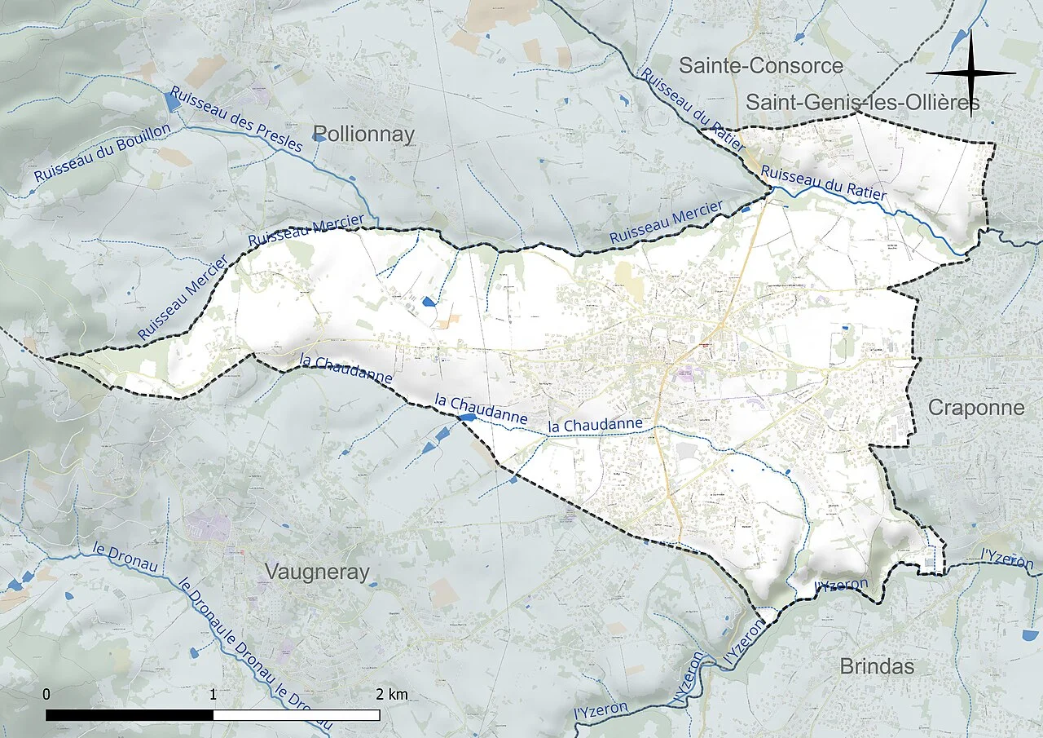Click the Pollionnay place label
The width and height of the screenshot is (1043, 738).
tap(363, 135)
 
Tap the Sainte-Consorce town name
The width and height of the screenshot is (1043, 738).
tap(760, 66)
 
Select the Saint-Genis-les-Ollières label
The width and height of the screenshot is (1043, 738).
tap(862, 103)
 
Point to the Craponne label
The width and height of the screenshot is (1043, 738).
tap(976, 408)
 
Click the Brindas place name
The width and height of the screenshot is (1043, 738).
tap(877, 666)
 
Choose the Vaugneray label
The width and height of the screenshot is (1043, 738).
tap(317, 572)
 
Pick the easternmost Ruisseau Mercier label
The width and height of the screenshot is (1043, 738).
tap(667, 223)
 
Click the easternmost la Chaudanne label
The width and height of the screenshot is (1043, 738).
tap(596, 426)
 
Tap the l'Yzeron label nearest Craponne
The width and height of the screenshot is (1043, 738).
tap(1007, 559)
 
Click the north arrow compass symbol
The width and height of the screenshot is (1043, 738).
tap(971, 73)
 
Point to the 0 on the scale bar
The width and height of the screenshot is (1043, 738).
tap(46, 695)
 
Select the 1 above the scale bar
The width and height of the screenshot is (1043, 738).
tap(213, 695)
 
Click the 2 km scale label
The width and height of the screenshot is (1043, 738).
tap(392, 695)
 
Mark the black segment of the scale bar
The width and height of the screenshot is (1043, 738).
tap(130, 715)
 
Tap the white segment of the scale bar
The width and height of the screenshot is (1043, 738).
tap(297, 715)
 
